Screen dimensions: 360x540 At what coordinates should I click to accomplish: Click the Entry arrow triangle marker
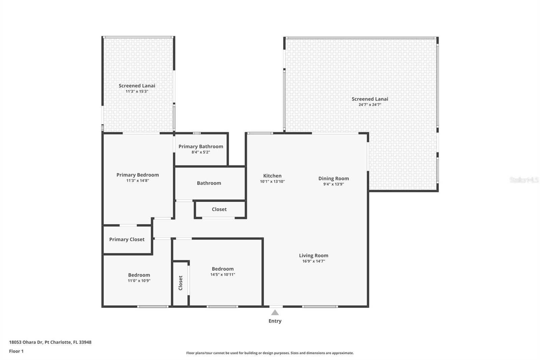(275, 313)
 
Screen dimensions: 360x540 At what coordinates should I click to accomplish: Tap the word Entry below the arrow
(275, 321)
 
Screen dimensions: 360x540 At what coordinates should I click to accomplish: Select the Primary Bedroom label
(137, 175)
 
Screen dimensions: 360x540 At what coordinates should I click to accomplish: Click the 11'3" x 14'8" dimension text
(137, 181)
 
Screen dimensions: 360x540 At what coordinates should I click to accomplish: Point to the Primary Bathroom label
(201, 147)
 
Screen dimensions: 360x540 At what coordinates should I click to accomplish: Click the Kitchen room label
(272, 176)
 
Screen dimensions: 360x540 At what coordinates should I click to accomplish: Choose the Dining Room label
(333, 179)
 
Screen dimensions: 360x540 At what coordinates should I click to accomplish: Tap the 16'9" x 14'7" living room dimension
(313, 261)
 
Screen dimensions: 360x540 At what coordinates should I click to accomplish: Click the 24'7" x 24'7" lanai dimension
(370, 105)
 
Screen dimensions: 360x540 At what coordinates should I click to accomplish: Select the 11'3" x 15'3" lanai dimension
(137, 92)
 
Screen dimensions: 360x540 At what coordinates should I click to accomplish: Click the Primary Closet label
(127, 239)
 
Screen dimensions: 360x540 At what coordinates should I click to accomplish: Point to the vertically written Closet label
(181, 283)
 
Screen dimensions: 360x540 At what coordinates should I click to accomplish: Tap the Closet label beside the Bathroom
(219, 209)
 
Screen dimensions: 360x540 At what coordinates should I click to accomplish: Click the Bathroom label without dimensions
(209, 183)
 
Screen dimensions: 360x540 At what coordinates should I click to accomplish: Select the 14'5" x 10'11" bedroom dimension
(222, 275)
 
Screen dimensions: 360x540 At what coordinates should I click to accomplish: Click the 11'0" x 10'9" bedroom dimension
(139, 281)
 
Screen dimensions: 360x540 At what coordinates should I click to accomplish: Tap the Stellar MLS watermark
(524, 180)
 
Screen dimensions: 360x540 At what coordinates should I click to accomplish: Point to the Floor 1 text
(16, 351)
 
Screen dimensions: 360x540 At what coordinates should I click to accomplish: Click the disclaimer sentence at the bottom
(270, 353)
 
